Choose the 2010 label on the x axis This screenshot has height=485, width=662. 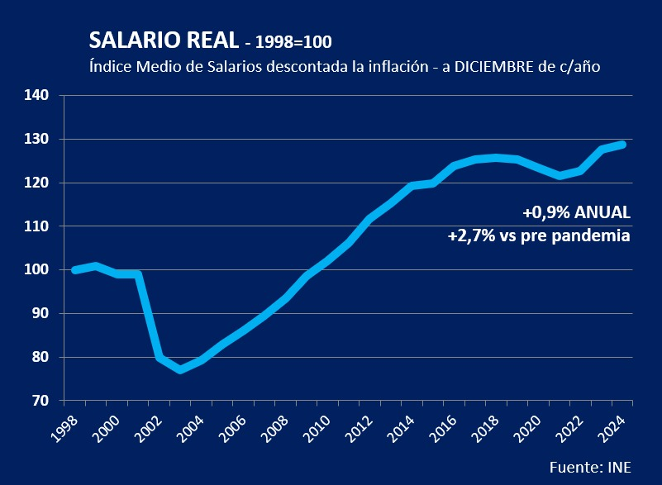[321, 427]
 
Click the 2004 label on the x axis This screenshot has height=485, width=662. [193, 427]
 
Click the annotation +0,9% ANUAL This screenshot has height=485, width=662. [576, 212]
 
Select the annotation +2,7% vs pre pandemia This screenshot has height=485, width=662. [539, 236]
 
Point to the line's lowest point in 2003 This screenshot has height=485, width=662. [181, 369]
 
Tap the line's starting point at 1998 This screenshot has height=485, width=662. [74, 269]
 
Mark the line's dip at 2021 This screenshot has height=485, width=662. [560, 176]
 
